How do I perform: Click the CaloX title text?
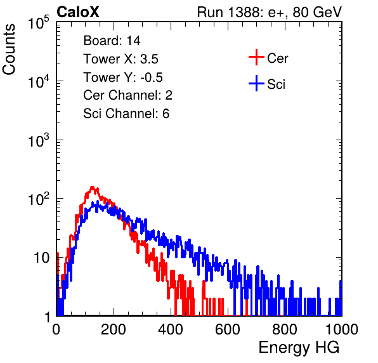[78, 12]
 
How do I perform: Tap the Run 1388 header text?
[270, 12]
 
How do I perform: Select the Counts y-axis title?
[9, 49]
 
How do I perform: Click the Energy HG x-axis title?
[299, 348]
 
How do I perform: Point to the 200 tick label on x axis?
[114, 329]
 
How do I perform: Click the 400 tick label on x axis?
[171, 329]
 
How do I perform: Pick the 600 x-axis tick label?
[228, 329]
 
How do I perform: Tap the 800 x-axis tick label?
[285, 329]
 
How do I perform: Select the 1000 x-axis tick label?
[342, 329]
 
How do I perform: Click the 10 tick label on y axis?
[42, 258]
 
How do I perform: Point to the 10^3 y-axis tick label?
[39, 140]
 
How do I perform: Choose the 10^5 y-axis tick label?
[39, 22]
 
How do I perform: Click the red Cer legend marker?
[256, 57]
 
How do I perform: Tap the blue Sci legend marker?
[256, 83]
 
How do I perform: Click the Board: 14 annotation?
[112, 41]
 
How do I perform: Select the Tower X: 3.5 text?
[121, 59]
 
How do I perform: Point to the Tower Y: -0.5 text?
[123, 77]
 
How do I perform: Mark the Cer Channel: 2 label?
[127, 95]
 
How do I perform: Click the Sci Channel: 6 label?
[126, 114]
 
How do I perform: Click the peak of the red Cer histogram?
[92, 187]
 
